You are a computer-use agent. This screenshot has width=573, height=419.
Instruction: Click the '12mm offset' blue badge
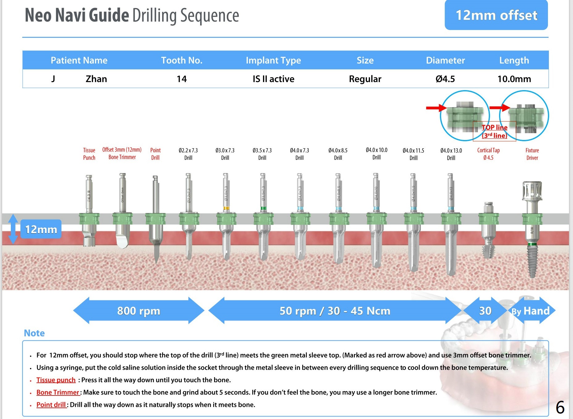[x=496, y=15]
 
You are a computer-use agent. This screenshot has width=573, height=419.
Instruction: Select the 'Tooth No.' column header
[x=182, y=60]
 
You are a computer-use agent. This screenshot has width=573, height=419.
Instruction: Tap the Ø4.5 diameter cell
[x=445, y=79]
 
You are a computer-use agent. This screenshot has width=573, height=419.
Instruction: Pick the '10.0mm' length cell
[x=514, y=79]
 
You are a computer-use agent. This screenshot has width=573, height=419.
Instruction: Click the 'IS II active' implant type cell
[x=273, y=79]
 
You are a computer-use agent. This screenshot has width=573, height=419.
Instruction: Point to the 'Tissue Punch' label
[x=89, y=154]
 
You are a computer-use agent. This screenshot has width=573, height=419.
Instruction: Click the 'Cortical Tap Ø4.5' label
[x=488, y=154]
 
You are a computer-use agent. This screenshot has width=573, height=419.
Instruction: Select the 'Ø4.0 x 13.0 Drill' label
[x=451, y=154]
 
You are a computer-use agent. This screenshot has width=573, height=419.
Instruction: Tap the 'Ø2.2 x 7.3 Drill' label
[x=188, y=154]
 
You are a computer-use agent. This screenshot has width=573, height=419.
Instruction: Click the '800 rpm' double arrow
[x=139, y=311]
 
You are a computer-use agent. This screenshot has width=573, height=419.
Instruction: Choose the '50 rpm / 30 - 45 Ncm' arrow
[x=335, y=311]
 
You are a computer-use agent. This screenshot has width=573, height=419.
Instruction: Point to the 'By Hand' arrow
[x=531, y=311]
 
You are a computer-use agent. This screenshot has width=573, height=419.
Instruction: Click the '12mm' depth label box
[x=41, y=229]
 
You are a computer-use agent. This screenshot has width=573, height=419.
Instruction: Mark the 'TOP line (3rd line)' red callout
[x=494, y=131]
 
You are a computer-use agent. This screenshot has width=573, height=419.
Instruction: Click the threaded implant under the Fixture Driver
[x=532, y=260]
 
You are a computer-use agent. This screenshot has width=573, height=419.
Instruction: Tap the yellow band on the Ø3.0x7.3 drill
[x=226, y=208]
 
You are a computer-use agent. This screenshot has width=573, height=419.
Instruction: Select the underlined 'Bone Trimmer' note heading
[x=58, y=392]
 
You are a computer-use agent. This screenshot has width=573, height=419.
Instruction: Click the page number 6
[x=560, y=407]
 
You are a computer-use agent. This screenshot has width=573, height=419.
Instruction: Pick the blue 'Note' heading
[x=34, y=333]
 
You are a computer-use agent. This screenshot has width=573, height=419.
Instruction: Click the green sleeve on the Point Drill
[x=155, y=219]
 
